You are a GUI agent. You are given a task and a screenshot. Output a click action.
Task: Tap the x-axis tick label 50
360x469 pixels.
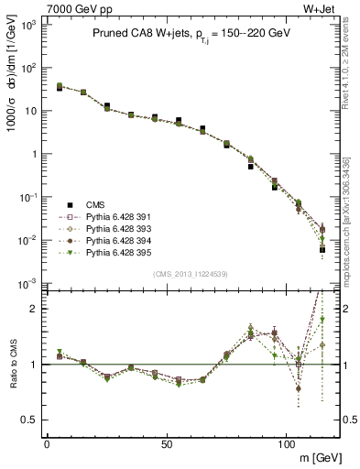(166, 444)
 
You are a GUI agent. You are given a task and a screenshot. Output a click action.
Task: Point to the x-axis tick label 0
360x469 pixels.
(47, 444)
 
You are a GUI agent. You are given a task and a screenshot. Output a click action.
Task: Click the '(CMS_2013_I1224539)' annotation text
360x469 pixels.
(191, 274)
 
